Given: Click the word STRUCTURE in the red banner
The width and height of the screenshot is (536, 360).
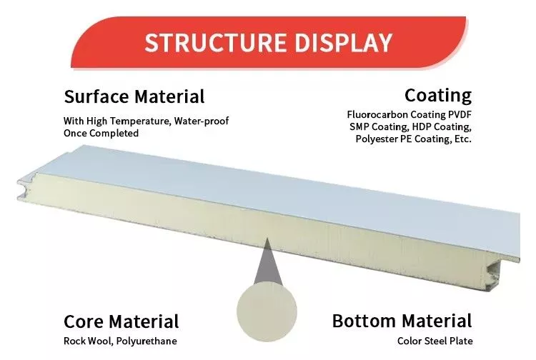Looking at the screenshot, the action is click(x=215, y=42).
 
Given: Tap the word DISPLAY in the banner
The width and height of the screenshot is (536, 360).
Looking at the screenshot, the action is click(x=343, y=42).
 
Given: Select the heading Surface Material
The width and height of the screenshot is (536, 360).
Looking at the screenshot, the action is click(x=134, y=96).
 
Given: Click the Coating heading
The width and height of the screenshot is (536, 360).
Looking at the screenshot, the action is click(x=438, y=95).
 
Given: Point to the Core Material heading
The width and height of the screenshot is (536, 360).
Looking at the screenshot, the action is click(x=121, y=321).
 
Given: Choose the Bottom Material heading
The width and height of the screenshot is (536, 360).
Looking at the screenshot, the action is click(x=402, y=321).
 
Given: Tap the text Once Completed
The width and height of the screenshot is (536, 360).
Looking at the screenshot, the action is click(x=101, y=133).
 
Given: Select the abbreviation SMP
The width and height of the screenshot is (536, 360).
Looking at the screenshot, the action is click(x=359, y=126).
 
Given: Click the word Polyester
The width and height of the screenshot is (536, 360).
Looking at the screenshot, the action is click(x=377, y=139).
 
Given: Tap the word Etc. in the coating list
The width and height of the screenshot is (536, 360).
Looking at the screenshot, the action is click(x=463, y=139).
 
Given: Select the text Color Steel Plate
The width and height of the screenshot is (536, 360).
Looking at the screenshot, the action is click(x=435, y=341).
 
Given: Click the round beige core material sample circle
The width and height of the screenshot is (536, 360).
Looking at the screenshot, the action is click(x=267, y=311).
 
